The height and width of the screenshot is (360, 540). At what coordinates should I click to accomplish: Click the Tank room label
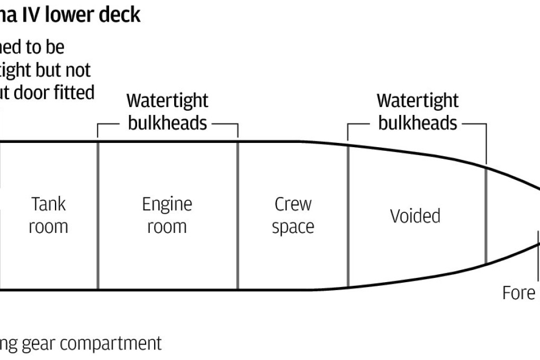pos(48,215)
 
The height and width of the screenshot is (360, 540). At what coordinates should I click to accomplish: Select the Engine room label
pos(167,215)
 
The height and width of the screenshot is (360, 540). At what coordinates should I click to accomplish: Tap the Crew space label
pos(293,215)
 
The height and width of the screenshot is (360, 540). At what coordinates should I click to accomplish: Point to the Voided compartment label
pos(415,216)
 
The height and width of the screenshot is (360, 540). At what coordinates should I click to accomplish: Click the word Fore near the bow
pos(519,293)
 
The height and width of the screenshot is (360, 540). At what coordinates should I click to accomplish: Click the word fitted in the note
pos(73,92)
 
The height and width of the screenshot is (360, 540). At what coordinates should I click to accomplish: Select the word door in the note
pos(31,92)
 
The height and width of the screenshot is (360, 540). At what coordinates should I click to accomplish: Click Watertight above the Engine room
pos(167,100)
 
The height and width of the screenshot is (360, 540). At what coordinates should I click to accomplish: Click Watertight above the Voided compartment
pos(417,100)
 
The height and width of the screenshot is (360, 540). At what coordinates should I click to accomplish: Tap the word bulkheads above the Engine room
pos(167,123)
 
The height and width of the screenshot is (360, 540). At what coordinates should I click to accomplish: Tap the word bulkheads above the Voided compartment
pos(417,123)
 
